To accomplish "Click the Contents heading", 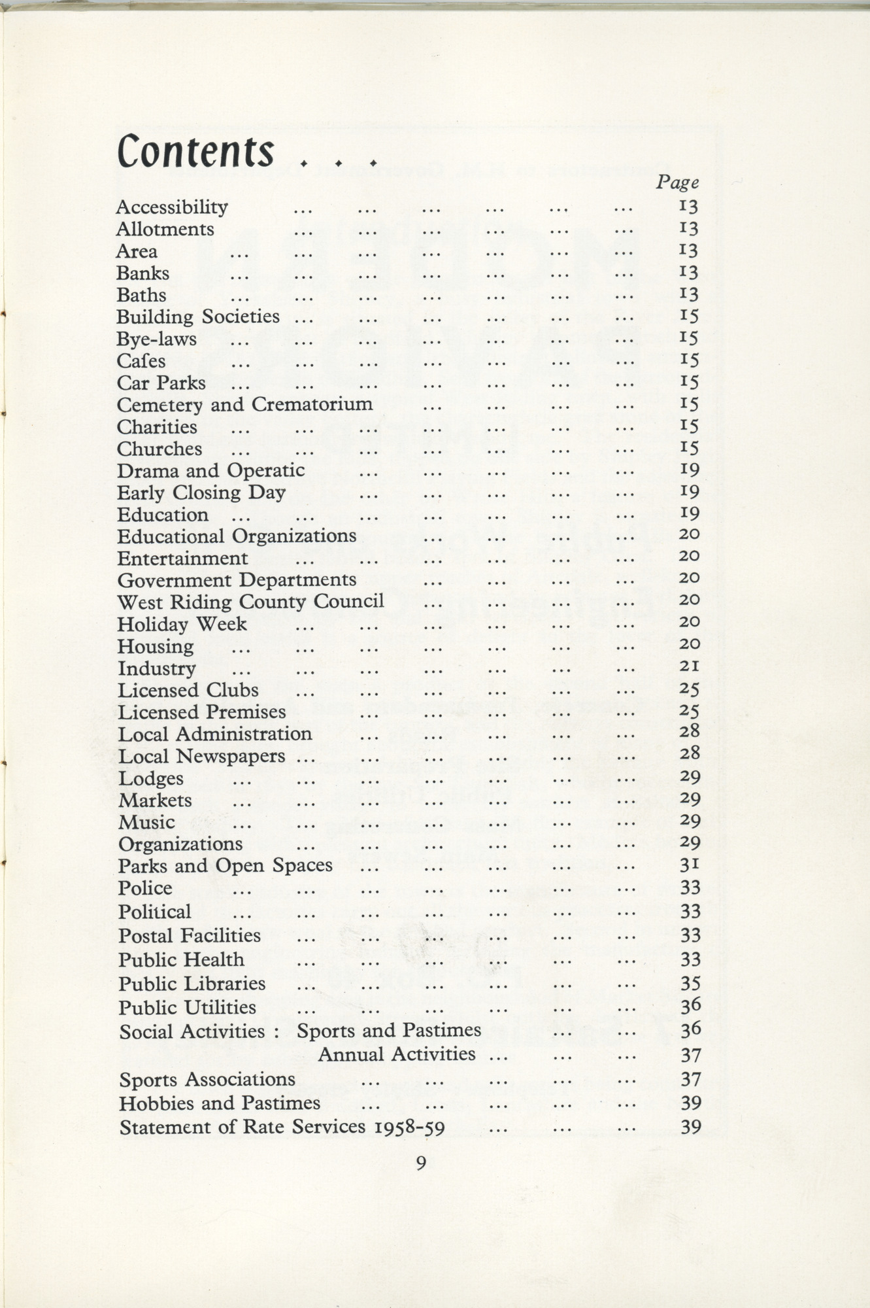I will pyautogui.click(x=195, y=151).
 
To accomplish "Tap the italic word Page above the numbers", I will pyautogui.click(x=677, y=182).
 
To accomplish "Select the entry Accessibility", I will pyautogui.click(x=172, y=207).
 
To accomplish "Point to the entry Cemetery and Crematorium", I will pyautogui.click(x=244, y=405).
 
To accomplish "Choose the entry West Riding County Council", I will pyautogui.click(x=250, y=602).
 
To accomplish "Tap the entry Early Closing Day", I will pyautogui.click(x=201, y=492).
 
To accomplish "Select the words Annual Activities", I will pyautogui.click(x=396, y=1054).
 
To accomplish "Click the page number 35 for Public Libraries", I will pyautogui.click(x=690, y=984).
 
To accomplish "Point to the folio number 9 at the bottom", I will pyautogui.click(x=421, y=1162).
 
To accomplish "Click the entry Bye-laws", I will pyautogui.click(x=156, y=339).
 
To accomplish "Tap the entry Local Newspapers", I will pyautogui.click(x=202, y=757).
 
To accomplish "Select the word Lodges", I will pyautogui.click(x=151, y=779).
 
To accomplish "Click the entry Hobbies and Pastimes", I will pyautogui.click(x=220, y=1103).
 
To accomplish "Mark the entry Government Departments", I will pyautogui.click(x=237, y=580).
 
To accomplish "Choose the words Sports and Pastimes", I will pyautogui.click(x=388, y=1031).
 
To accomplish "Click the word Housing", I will pyautogui.click(x=156, y=647).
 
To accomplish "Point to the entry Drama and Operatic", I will pyautogui.click(x=210, y=471).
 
